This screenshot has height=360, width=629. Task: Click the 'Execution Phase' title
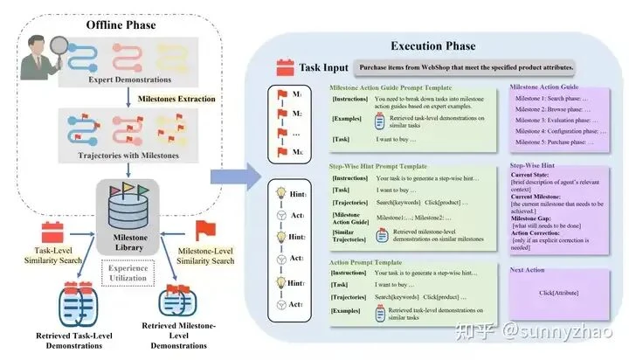tap(432, 45)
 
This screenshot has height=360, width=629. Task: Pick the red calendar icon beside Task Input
tap(282, 66)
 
